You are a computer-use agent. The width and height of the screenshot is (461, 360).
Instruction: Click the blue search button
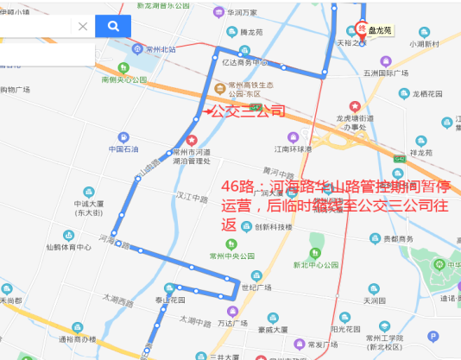[112, 26]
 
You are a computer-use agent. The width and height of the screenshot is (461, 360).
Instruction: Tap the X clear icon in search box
[83, 26]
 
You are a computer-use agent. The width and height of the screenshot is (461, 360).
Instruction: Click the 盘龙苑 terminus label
[380, 30]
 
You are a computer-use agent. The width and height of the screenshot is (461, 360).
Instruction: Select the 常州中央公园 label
[231, 256]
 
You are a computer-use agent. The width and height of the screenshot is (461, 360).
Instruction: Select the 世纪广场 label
[256, 287]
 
